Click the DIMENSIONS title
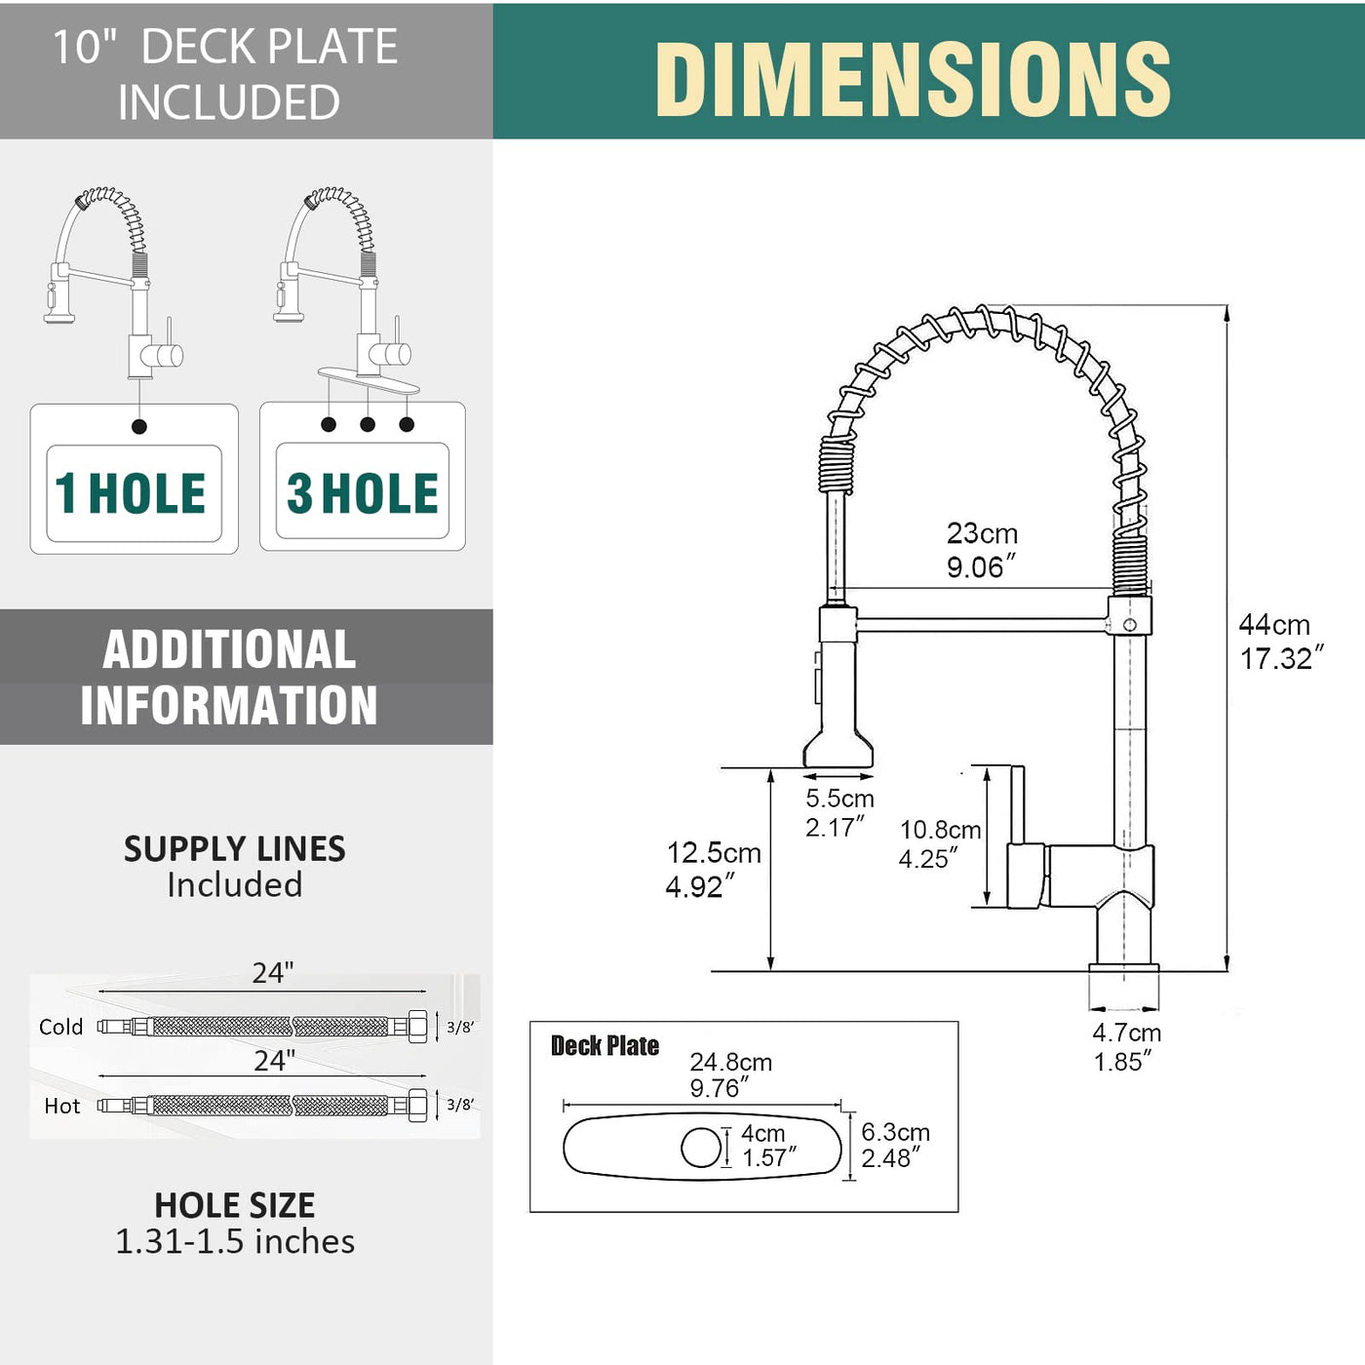[913, 78]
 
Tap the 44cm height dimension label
[1281, 641]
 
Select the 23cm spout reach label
[982, 551]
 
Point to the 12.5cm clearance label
[714, 869]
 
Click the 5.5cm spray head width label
[839, 812]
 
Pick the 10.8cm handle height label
[940, 843]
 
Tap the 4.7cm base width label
[1126, 1047]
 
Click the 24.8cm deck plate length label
[730, 1074]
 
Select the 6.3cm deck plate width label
[895, 1145]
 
